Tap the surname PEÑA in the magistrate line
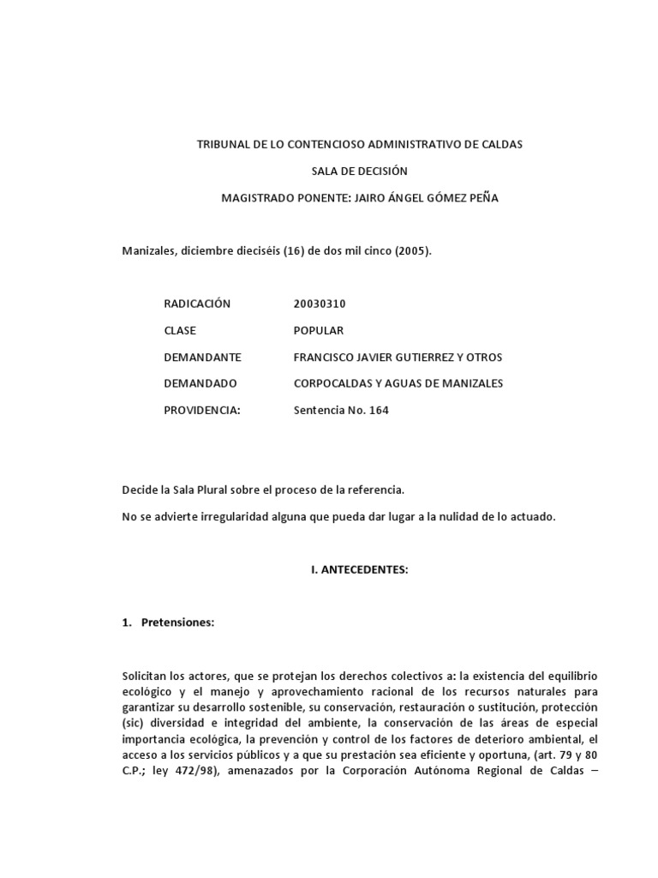tap(482, 197)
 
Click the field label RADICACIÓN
tap(197, 304)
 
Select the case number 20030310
tap(320, 304)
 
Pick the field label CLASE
tap(180, 330)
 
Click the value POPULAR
tap(318, 330)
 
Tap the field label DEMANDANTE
tap(202, 357)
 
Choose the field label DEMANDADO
tap(200, 383)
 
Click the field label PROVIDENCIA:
tap(202, 410)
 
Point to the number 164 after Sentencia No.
tap(378, 410)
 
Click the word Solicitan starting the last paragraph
tap(148, 676)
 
